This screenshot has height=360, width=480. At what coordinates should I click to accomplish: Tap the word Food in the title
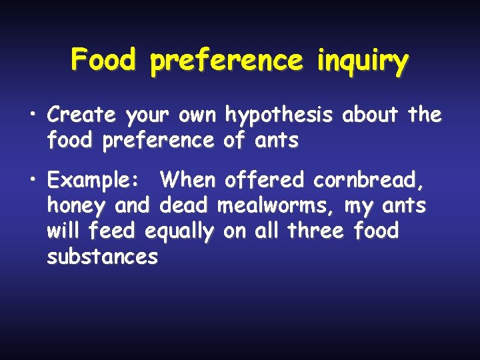103,61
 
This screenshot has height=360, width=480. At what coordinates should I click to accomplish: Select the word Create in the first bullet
81,115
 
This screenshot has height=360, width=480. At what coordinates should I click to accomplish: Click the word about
371,115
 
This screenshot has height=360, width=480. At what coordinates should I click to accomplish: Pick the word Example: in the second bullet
92,181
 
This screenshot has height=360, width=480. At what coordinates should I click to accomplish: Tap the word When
189,180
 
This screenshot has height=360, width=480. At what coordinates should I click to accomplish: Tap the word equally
179,233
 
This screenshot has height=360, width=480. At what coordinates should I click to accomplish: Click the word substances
102,257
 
